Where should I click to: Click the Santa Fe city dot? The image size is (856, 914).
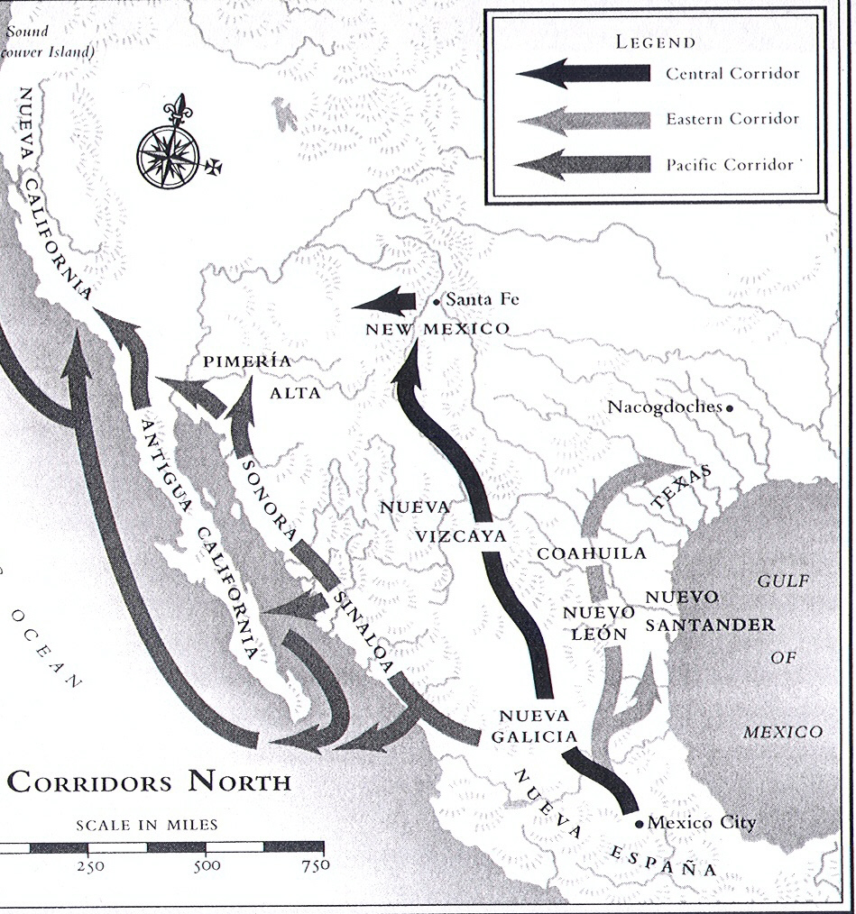437,301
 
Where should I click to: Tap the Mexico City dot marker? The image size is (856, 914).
639,823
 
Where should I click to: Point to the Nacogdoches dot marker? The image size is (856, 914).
730,407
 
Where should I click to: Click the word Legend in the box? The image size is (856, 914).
656,41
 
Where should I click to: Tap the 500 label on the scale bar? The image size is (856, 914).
207,867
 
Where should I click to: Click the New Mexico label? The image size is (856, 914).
437,329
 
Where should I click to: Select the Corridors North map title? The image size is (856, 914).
150,781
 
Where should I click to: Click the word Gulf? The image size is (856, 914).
782,581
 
